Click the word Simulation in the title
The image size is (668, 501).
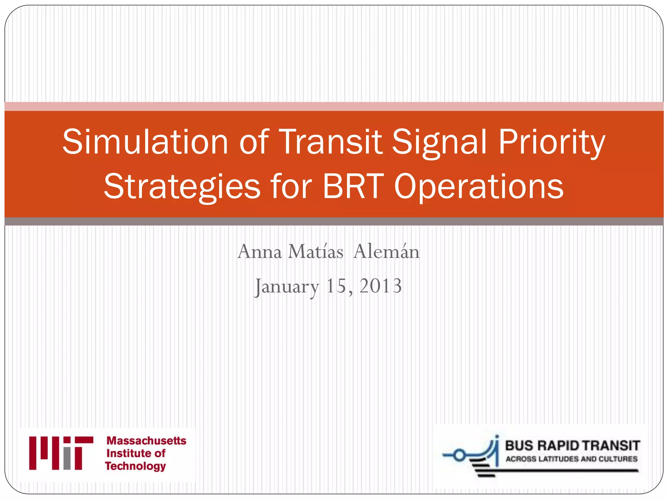(x=145, y=142)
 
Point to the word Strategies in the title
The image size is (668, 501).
(x=182, y=187)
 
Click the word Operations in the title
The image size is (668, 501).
(x=478, y=187)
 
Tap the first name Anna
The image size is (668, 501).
(x=259, y=252)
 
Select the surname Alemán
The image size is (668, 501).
(x=386, y=252)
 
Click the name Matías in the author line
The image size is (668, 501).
(x=316, y=252)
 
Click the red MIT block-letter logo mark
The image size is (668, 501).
(x=61, y=453)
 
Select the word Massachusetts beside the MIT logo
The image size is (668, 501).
(x=146, y=441)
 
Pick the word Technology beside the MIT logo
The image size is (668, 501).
(x=135, y=466)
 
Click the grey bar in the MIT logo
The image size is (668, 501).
(x=67, y=459)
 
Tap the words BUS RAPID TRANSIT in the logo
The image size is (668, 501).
(x=572, y=445)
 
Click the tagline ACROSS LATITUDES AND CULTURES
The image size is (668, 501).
(x=571, y=459)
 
